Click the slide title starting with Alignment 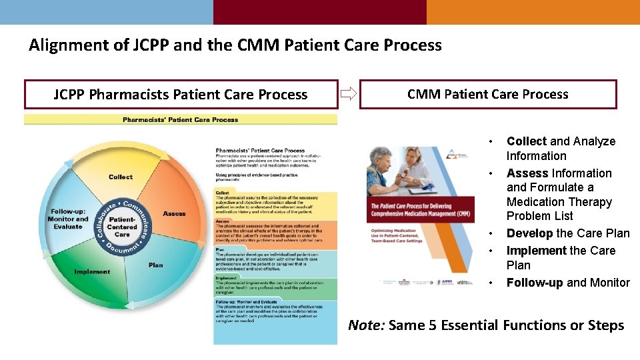click(x=235, y=45)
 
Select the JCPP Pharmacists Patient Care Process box click(x=180, y=95)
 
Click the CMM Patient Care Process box click(x=487, y=94)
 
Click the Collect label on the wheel click(x=121, y=177)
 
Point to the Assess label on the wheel click(x=174, y=213)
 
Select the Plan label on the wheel click(x=155, y=265)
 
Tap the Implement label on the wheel click(x=93, y=271)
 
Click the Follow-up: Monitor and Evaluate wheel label click(x=68, y=219)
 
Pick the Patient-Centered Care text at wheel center click(x=122, y=227)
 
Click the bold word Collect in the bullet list click(x=526, y=141)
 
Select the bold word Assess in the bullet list click(x=528, y=173)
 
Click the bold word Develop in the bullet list click(x=529, y=233)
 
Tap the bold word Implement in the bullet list click(x=536, y=251)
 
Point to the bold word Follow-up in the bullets click(x=535, y=283)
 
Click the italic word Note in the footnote click(x=365, y=325)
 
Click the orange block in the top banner click(x=533, y=12)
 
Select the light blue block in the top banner click(x=106, y=12)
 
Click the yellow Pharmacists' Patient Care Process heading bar click(x=180, y=120)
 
